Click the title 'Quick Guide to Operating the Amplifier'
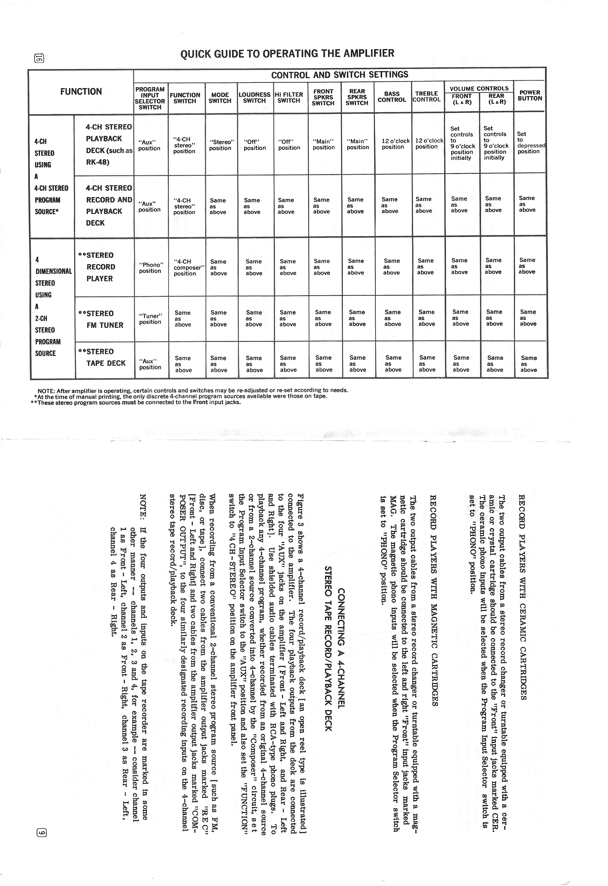[287, 53]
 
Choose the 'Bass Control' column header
[392, 97]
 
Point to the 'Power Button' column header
[529, 95]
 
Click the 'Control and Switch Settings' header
[339, 75]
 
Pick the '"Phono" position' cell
[151, 268]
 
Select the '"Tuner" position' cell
[151, 319]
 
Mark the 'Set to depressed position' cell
[530, 143]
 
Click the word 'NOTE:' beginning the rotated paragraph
[143, 503]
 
